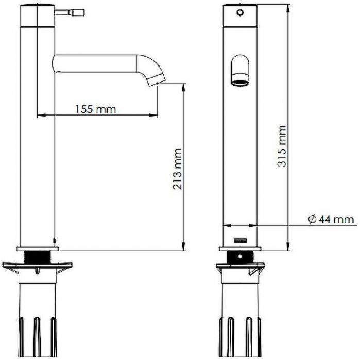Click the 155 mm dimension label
click(x=96, y=109)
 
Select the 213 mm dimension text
click(x=178, y=169)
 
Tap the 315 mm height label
click(x=282, y=146)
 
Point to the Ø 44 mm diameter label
click(x=331, y=219)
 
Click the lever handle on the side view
click(x=70, y=12)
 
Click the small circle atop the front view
click(x=240, y=12)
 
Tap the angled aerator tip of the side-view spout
click(x=157, y=80)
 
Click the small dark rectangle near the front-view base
click(x=240, y=241)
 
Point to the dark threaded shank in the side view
click(x=37, y=257)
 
